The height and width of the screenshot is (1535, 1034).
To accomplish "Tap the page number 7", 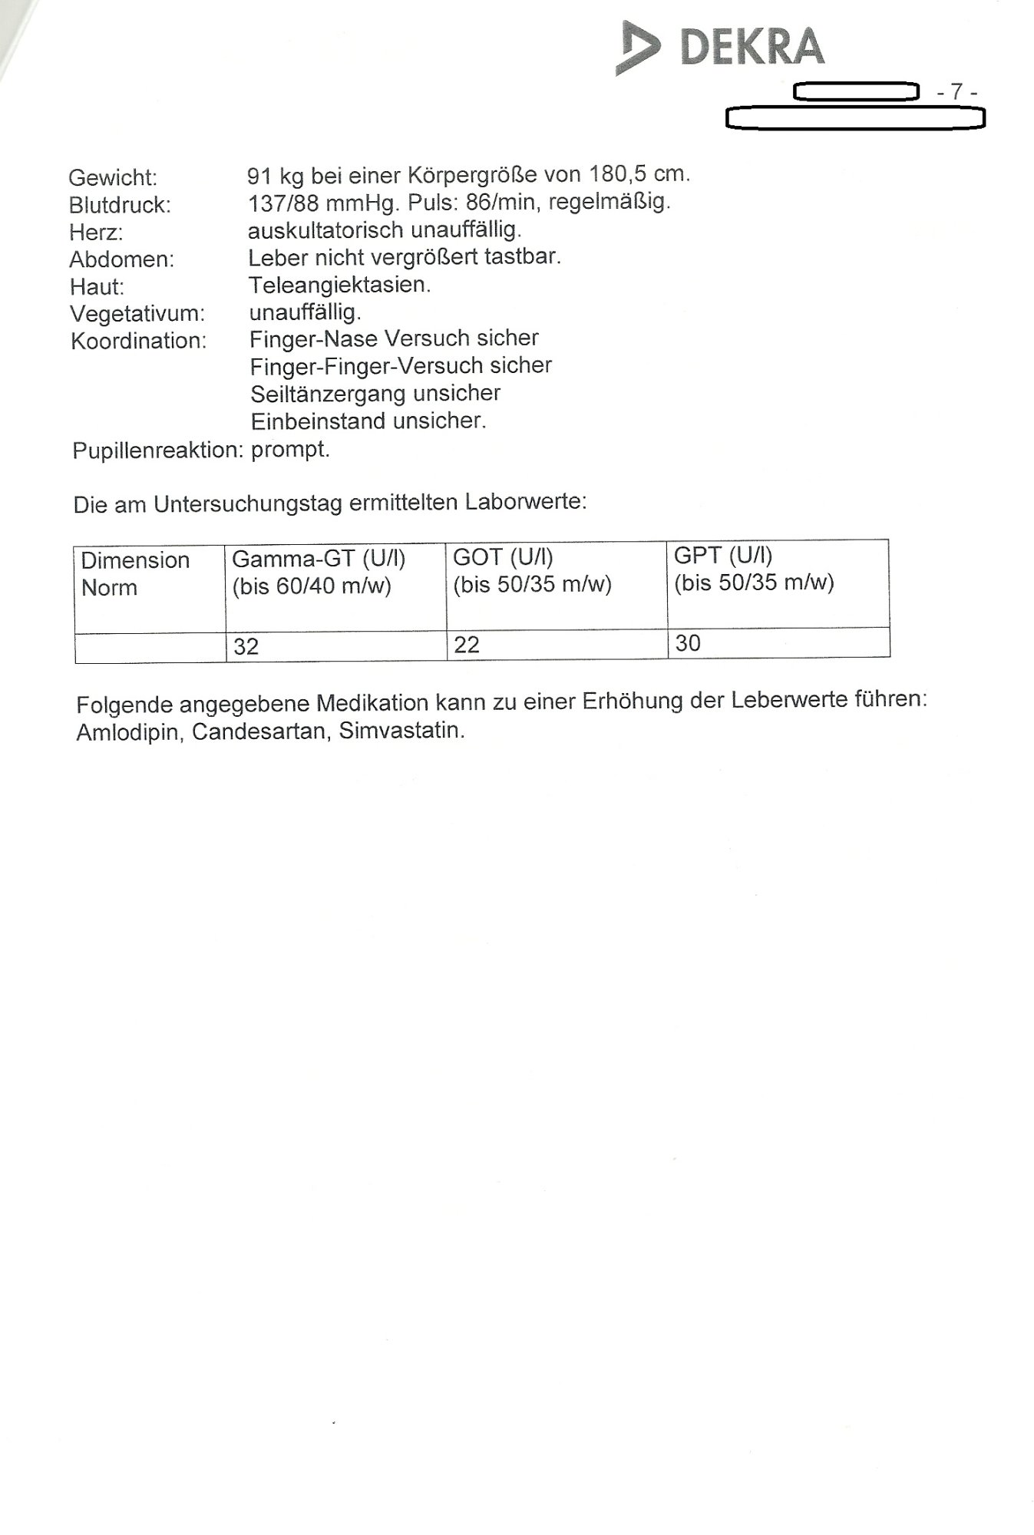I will [x=956, y=91].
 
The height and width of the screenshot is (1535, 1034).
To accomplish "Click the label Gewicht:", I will [x=113, y=178].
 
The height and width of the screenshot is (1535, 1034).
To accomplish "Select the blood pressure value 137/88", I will [x=283, y=203].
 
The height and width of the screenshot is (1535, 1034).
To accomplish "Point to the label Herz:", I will [x=96, y=233].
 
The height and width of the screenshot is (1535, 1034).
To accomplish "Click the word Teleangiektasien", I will [x=339, y=286].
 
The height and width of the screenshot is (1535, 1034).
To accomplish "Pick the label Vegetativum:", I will [x=137, y=314].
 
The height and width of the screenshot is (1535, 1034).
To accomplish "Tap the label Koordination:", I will [x=139, y=342].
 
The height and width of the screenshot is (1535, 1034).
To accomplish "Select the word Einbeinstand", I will [x=319, y=421].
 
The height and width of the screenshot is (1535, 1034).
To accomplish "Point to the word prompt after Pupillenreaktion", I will [x=290, y=449].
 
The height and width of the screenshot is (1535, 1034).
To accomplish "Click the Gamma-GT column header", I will [x=319, y=559].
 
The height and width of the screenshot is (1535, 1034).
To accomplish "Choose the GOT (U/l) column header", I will [x=503, y=557].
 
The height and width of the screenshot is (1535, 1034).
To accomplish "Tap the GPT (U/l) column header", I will [x=723, y=555].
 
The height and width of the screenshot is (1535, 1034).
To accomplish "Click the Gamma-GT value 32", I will [x=246, y=646].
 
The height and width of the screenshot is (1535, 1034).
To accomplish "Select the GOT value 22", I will [x=467, y=645].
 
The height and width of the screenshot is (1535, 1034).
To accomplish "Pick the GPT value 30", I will [x=688, y=643].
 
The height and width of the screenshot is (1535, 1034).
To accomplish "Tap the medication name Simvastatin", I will [x=401, y=730].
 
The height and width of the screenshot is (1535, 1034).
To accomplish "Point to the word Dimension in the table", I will [x=135, y=560].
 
